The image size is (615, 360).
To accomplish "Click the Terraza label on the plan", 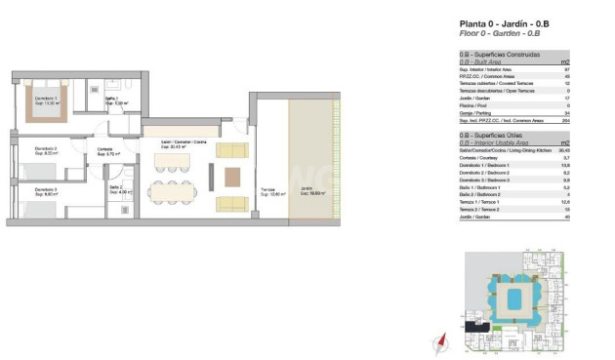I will coord(268,192).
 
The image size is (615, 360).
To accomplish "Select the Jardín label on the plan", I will coord(307,191).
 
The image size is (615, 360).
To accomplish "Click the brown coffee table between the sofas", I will coord(231,177).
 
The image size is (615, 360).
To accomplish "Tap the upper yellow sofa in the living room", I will coord(231,151).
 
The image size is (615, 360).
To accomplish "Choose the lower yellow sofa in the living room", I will coord(231,203).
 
